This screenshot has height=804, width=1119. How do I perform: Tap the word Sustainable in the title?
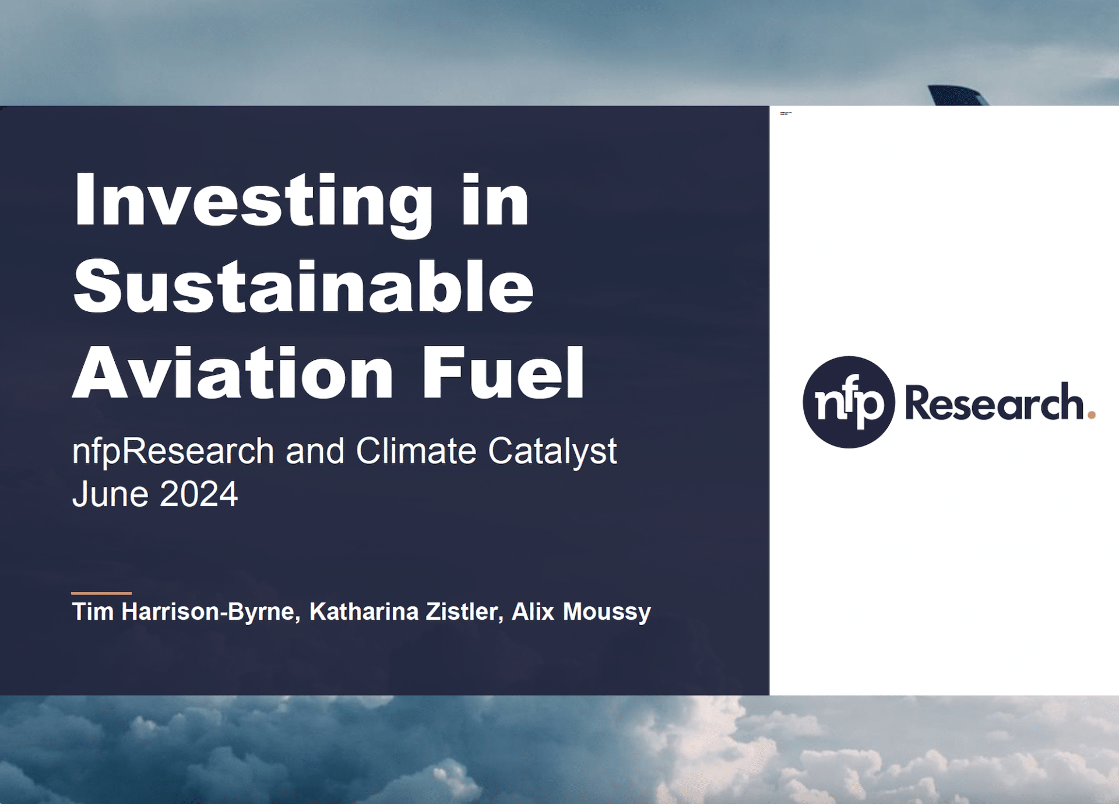(x=304, y=286)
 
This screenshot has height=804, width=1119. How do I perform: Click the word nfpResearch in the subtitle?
(x=173, y=452)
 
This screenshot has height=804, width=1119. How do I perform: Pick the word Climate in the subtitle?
(x=416, y=451)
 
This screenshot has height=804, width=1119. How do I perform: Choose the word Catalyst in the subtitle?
(x=553, y=452)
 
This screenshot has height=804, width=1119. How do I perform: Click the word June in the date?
(x=110, y=494)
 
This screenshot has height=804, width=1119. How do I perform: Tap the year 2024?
(x=199, y=494)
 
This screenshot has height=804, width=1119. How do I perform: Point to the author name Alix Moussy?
(x=581, y=612)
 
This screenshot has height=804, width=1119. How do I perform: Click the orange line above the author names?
(x=101, y=593)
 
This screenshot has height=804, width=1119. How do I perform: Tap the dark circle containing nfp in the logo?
(x=849, y=402)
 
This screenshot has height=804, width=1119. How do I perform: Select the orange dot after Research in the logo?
(x=1092, y=415)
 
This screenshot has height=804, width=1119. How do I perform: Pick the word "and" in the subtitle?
(x=315, y=451)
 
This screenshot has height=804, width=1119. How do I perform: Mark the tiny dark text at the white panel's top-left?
(x=786, y=113)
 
